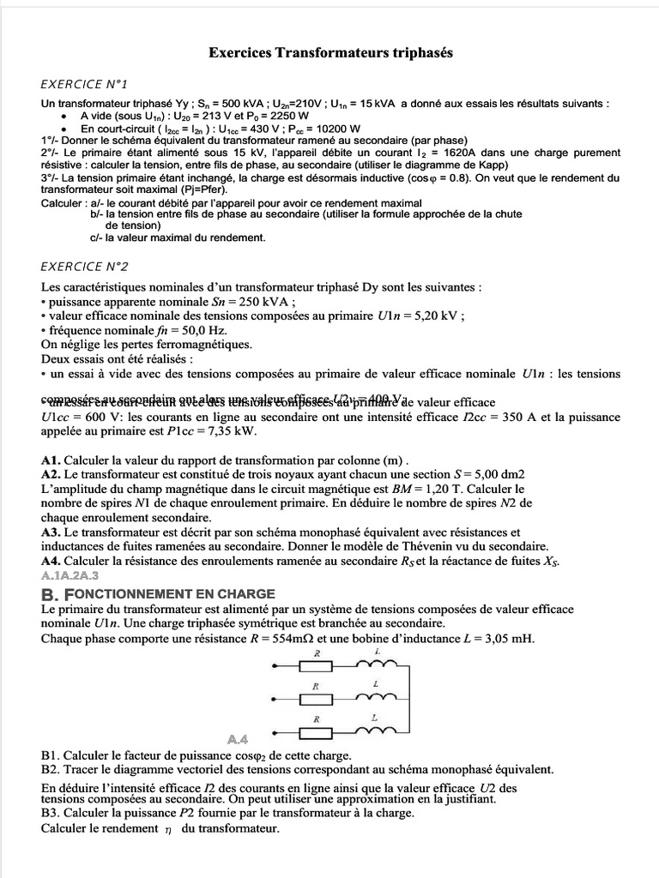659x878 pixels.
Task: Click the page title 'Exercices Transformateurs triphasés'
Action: [330, 53]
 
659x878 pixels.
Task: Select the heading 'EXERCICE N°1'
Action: [84, 84]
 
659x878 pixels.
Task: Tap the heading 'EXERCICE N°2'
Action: [84, 267]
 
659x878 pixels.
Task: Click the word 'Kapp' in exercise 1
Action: [491, 165]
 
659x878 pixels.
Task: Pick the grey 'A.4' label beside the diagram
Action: [238, 739]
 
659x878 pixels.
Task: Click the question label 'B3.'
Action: [51, 812]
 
